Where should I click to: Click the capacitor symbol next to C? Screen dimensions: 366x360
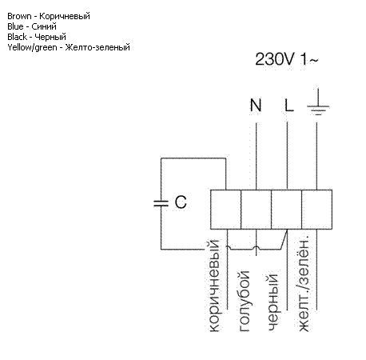(x=161, y=203)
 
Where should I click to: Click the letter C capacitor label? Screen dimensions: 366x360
(x=181, y=202)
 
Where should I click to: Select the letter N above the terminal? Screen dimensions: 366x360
(x=256, y=105)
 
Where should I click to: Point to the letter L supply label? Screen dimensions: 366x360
(x=288, y=105)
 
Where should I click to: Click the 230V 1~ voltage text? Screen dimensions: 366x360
(x=287, y=59)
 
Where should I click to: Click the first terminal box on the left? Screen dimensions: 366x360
(x=225, y=210)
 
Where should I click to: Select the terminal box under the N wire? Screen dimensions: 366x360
(x=256, y=210)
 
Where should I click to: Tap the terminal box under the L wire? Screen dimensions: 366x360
(x=286, y=210)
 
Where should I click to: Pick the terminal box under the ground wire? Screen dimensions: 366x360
(x=316, y=210)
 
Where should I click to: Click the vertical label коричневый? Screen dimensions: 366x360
(x=215, y=286)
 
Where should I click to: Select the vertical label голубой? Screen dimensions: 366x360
(x=245, y=301)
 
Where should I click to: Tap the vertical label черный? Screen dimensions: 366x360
(x=273, y=302)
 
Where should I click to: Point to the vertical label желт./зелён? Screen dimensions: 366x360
(x=304, y=283)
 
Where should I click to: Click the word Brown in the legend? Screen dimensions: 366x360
(x=19, y=16)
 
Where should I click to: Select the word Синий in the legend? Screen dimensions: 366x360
(x=44, y=26)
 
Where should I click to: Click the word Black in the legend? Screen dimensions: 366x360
(x=18, y=37)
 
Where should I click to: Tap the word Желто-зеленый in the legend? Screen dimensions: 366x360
(x=97, y=47)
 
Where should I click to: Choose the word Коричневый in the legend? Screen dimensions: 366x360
(x=65, y=16)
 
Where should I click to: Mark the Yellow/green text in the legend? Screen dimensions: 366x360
(x=32, y=47)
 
